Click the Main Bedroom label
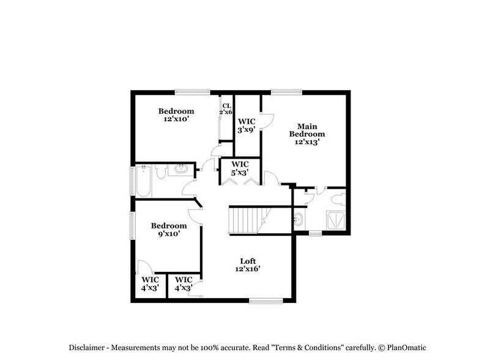click(307, 133)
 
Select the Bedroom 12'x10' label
click(176, 115)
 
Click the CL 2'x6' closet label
click(226, 109)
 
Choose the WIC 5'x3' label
click(239, 168)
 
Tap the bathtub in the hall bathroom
click(143, 180)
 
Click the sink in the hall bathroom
click(182, 168)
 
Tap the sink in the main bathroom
click(299, 220)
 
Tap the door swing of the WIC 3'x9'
click(266, 119)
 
